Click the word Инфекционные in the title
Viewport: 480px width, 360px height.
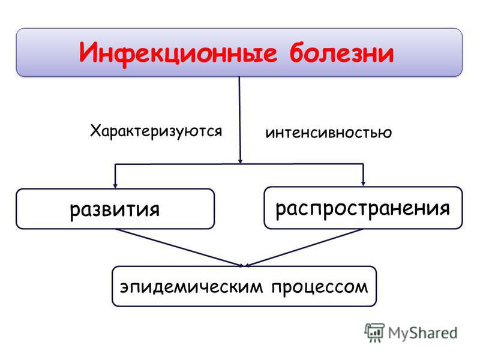click(178, 53)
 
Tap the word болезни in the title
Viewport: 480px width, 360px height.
click(341, 52)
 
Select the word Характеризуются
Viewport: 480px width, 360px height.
click(156, 131)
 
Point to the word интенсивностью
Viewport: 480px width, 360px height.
click(328, 133)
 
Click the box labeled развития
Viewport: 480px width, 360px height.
click(115, 209)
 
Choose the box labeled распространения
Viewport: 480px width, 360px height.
click(363, 208)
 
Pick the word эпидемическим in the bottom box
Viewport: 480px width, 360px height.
click(191, 287)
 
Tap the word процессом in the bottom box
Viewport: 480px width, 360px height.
click(320, 287)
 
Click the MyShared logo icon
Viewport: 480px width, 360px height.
click(374, 332)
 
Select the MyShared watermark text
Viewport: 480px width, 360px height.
click(422, 333)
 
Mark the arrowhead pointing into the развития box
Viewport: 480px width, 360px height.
click(115, 185)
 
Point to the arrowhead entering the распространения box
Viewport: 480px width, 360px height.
click(363, 184)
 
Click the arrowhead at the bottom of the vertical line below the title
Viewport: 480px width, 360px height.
click(241, 161)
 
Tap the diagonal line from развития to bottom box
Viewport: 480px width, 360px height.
click(179, 248)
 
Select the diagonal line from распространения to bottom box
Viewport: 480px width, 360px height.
click(304, 247)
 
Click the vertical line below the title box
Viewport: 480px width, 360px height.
click(239, 120)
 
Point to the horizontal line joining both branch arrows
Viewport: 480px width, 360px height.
click(239, 164)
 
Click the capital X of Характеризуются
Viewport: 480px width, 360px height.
click(95, 130)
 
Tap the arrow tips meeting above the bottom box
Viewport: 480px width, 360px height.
click(244, 265)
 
